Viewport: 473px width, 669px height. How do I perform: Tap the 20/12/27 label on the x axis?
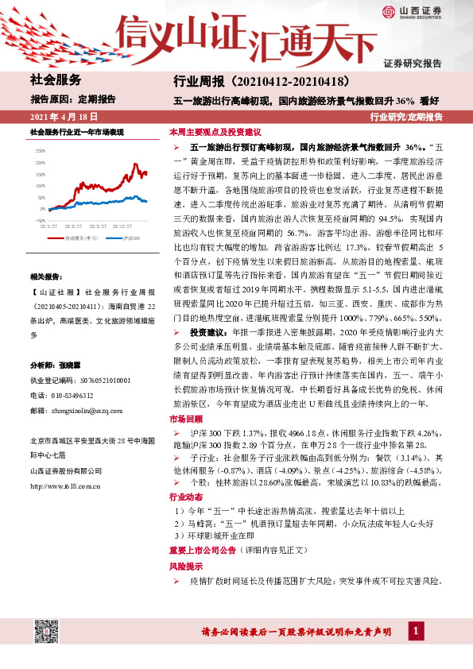pyautogui.click(x=123, y=225)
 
